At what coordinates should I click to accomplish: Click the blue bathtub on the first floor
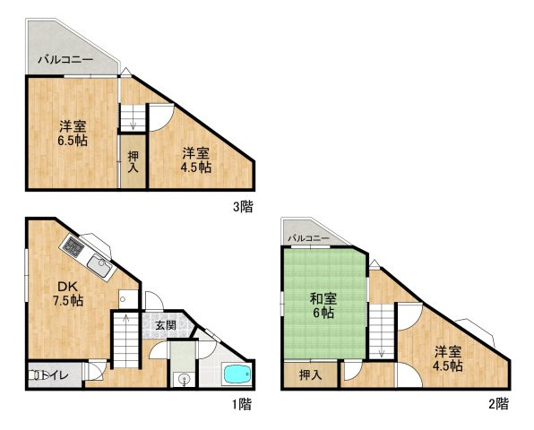coord(237,374)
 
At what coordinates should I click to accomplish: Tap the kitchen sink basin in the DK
coord(99,265)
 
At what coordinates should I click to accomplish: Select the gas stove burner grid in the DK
coord(73,246)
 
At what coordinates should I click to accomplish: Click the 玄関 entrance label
coord(166,325)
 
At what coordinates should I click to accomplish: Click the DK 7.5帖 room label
coord(68,294)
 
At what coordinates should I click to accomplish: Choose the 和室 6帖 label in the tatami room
coord(323,306)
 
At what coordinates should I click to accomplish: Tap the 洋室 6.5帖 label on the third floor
coord(73,133)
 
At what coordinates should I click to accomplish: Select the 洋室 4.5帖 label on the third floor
coord(195,160)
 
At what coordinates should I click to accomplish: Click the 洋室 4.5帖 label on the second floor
coord(447,358)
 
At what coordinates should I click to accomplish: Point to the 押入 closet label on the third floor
coord(133,161)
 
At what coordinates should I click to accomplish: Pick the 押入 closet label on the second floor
coord(310,375)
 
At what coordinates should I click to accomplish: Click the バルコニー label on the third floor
coord(65,60)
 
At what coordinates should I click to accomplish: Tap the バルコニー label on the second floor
coord(308,238)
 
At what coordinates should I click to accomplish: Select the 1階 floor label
coord(242,404)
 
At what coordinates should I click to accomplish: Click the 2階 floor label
coord(498,403)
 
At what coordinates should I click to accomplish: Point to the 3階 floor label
coord(243,206)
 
